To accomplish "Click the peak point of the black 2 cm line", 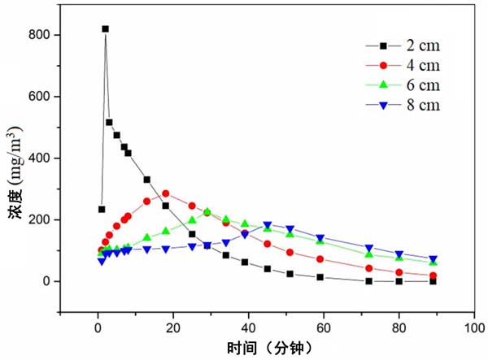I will pos(105,28).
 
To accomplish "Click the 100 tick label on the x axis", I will pos(474,328).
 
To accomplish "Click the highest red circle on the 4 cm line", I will pos(165,193).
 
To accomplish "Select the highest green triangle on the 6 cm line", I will pos(207,211).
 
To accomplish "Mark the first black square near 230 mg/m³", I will pos(102,209).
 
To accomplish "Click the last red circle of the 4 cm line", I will pos(433,275).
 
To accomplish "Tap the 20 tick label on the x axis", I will pos(172,328).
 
